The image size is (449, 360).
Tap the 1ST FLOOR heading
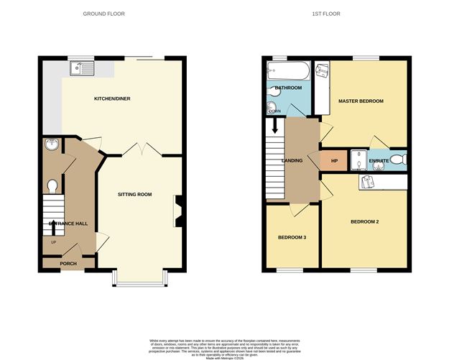coord(328,14)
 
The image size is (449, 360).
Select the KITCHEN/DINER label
coord(112,98)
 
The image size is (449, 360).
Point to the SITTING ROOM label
coord(134,194)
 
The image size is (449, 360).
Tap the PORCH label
coord(68,264)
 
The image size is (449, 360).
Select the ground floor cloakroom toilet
coord(52,186)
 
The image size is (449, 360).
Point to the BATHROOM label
coord(288,88)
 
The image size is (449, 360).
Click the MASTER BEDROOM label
coord(361,101)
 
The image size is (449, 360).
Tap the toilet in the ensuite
coord(401,160)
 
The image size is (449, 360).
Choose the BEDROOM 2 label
coord(364,221)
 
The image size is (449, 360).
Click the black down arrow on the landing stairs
coord(274,128)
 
